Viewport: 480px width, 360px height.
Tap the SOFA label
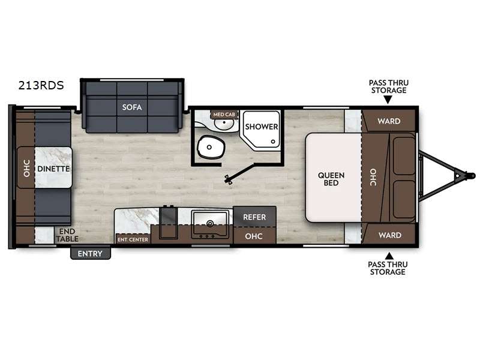[132, 108]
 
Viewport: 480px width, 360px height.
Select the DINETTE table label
[53, 169]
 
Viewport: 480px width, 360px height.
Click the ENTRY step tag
[91, 254]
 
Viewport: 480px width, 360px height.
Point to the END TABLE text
[67, 234]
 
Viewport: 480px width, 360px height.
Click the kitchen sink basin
[209, 221]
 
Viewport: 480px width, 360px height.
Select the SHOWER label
[261, 127]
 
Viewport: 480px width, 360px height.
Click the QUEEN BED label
[331, 179]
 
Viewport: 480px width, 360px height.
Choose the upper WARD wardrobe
[389, 121]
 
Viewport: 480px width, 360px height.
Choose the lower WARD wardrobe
[389, 235]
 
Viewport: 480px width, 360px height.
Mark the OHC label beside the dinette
[26, 169]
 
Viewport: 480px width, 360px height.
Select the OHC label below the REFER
[254, 236]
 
